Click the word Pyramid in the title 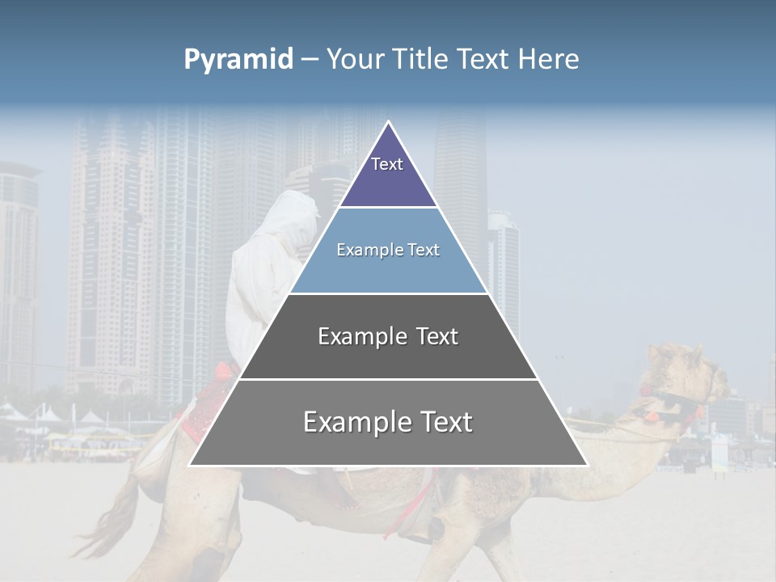click(238, 60)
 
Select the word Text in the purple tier click(387, 164)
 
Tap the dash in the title click(310, 60)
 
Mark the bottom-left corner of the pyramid click(190, 465)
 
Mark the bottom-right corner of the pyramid click(587, 465)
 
